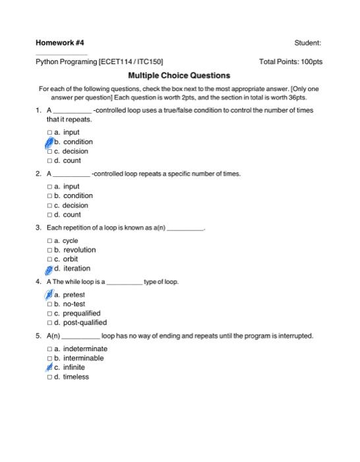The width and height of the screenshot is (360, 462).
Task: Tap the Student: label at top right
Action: coord(308,43)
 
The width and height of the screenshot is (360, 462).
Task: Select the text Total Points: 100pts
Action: coord(291,61)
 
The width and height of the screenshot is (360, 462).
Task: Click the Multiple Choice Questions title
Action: coord(179,76)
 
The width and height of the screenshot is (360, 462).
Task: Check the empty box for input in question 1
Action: coord(49,133)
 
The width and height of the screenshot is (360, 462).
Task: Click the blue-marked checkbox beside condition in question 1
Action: coord(49,142)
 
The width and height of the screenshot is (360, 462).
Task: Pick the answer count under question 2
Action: coord(72,214)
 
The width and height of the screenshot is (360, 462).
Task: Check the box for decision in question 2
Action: coord(49,205)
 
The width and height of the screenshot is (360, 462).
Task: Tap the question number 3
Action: coord(39,228)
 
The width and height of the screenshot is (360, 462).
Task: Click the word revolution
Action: coord(79,250)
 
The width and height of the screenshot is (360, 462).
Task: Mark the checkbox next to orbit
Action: coord(49,259)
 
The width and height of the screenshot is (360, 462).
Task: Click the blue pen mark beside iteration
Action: coord(49,269)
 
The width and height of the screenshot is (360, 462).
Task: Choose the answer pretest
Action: coord(73,295)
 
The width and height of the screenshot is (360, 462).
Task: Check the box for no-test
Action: coord(49,304)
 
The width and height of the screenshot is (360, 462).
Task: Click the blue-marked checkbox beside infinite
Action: coord(49,368)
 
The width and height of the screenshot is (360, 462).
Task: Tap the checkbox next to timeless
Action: coord(49,377)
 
